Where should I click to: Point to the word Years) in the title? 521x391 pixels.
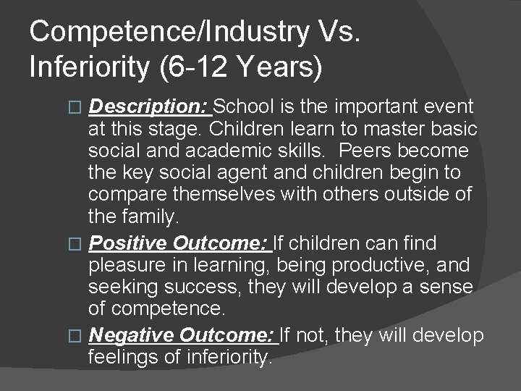click(279, 67)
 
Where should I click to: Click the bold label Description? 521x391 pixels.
click(148, 107)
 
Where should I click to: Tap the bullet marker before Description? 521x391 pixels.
click(80, 108)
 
